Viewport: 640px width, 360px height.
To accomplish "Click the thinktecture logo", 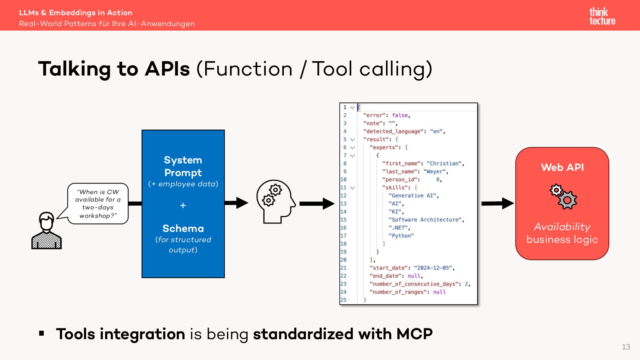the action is tap(602, 16).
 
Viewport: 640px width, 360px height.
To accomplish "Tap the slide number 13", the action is tap(626, 347).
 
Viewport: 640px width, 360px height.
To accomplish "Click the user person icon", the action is tap(47, 230).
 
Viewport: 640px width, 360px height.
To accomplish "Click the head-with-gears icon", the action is tap(276, 202).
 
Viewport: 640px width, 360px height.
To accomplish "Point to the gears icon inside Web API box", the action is tap(563, 197).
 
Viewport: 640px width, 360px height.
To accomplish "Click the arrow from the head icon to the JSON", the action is tap(317, 203).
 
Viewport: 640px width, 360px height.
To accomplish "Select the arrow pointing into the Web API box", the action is tap(498, 203).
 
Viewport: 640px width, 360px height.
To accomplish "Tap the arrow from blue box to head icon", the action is tap(236, 203).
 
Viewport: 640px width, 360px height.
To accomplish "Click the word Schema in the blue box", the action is tap(183, 228).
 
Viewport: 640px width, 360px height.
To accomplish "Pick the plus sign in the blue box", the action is tap(183, 205).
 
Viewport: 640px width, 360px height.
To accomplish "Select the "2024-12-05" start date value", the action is tap(433, 268).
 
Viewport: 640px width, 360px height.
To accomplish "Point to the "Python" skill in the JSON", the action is tap(401, 236).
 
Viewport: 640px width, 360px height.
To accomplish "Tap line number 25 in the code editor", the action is tap(343, 300).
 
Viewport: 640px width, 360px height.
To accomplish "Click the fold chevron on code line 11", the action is tap(352, 188).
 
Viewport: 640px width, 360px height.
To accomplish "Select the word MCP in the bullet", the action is tap(415, 334).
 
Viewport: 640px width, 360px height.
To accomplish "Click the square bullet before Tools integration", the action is tap(42, 333).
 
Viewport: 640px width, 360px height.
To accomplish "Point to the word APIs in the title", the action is tap(167, 69).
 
